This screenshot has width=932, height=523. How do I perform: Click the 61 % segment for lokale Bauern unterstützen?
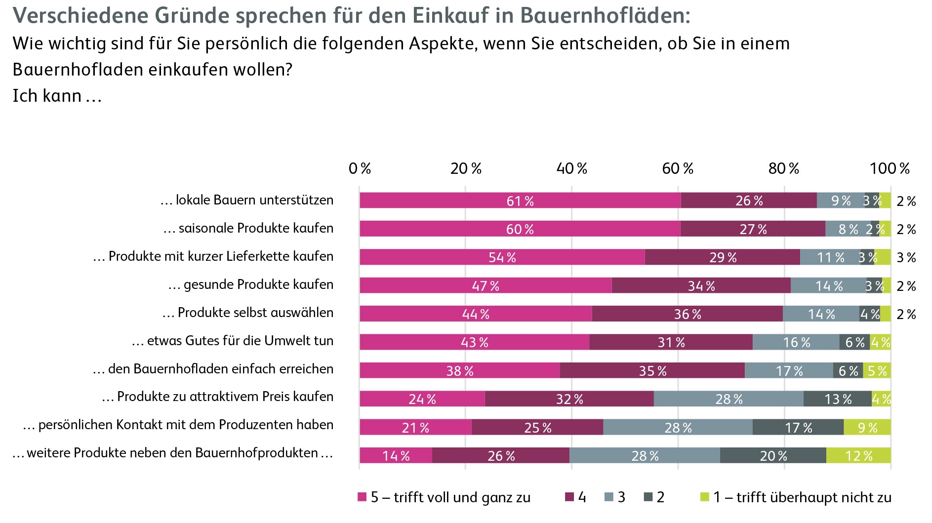point(520,201)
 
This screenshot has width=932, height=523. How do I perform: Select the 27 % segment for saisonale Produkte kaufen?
point(753,229)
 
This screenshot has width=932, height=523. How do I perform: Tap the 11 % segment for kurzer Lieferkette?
point(830,257)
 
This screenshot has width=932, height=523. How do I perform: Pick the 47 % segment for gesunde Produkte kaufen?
point(486,285)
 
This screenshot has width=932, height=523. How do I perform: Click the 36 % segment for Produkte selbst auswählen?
point(687,314)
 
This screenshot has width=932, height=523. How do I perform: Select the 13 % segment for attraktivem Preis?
point(838,399)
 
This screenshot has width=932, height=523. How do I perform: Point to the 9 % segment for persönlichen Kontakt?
point(867,427)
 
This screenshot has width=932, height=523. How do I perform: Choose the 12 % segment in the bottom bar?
point(858,455)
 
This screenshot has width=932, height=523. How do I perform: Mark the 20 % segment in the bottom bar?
point(773,455)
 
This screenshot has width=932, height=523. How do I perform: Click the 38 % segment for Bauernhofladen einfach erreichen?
point(460,370)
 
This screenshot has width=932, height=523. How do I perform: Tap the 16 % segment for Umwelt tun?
point(796,342)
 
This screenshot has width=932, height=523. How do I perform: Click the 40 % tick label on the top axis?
point(571,169)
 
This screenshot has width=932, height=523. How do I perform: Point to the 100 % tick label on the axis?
point(890,169)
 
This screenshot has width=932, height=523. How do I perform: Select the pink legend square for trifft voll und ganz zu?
point(362,497)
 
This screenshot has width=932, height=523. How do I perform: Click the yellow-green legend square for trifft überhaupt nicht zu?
point(705,497)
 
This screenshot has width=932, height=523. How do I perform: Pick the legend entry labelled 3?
point(615,497)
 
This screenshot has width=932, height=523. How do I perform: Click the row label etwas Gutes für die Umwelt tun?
point(233,341)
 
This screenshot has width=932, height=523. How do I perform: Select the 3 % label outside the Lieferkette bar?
point(906,257)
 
